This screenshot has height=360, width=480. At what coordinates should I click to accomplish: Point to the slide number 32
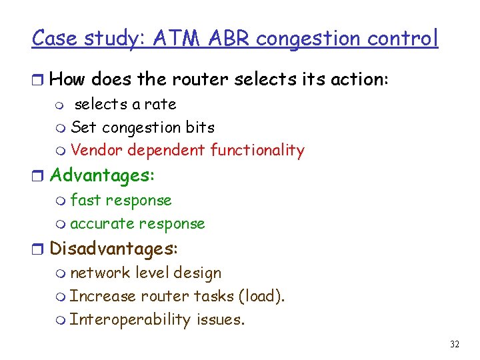click(x=455, y=344)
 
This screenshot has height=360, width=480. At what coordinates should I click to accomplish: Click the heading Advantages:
click(x=102, y=175)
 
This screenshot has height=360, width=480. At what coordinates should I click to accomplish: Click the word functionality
click(x=257, y=151)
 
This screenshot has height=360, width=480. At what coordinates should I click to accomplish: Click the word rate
click(x=162, y=104)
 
